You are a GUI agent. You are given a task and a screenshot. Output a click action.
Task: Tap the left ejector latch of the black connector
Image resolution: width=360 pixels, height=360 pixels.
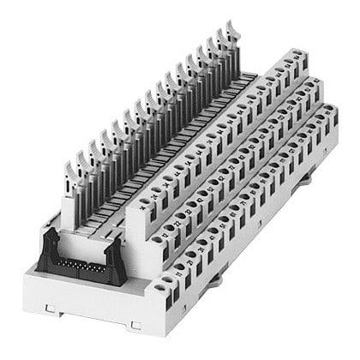50,243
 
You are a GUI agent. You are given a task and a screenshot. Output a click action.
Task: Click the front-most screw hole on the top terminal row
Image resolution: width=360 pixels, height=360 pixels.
146,211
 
